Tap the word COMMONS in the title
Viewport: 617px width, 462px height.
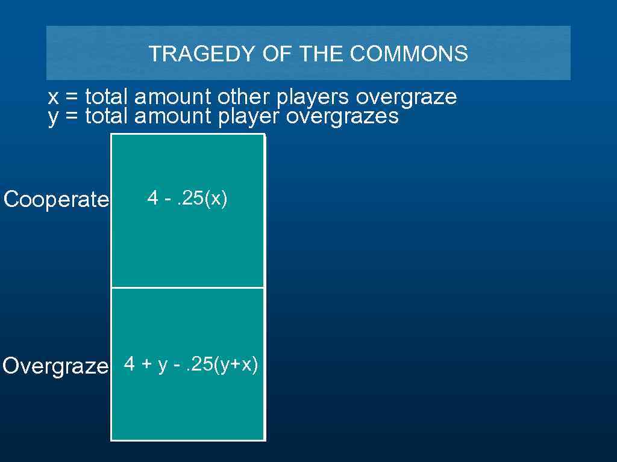[x=409, y=54]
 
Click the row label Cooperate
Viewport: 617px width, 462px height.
[x=56, y=199]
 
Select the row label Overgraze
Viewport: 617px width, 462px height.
[x=55, y=366]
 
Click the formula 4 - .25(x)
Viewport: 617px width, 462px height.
[x=187, y=198]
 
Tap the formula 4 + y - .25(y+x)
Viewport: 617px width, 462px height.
[x=191, y=364]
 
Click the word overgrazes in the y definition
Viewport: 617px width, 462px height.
[x=342, y=116]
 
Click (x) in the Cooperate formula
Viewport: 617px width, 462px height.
[x=216, y=198]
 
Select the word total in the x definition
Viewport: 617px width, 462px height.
[x=107, y=96]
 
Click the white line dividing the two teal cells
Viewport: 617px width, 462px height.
[x=187, y=288]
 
